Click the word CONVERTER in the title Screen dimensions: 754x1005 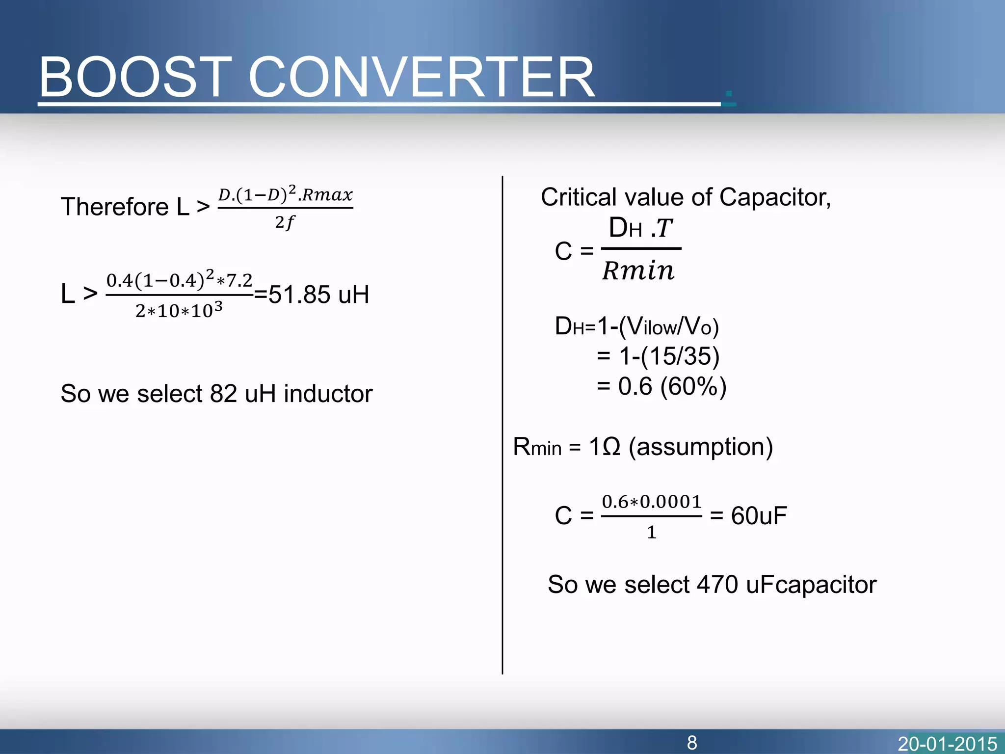(x=422, y=77)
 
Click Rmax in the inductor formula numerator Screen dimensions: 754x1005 (x=327, y=195)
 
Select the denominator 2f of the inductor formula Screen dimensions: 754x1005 (x=285, y=223)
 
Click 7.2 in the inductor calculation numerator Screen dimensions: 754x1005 (x=239, y=280)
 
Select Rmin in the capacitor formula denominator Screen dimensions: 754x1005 (x=638, y=270)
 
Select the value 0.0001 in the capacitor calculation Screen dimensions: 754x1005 (x=671, y=502)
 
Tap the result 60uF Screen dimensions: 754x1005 (x=759, y=516)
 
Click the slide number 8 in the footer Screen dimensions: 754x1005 (x=692, y=743)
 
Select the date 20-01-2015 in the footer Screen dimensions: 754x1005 (x=947, y=744)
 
